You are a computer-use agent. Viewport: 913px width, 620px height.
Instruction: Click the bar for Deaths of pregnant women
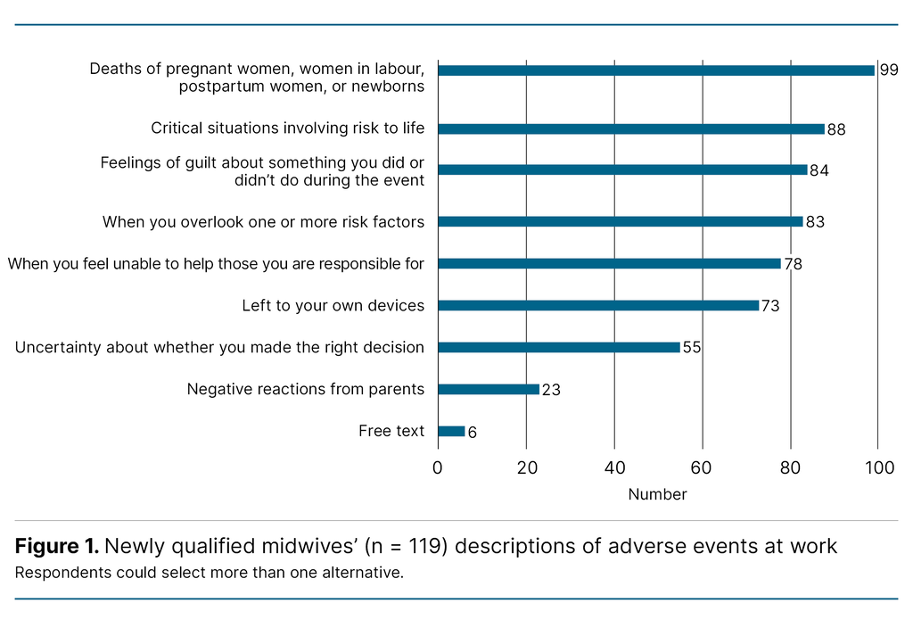(655, 70)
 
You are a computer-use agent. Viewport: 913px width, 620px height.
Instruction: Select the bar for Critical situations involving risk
(631, 128)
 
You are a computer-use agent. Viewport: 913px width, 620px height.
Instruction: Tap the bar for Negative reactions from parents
(488, 389)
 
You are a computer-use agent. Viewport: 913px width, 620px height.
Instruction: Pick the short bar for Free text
(451, 431)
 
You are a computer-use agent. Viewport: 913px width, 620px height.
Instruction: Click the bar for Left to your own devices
(597, 305)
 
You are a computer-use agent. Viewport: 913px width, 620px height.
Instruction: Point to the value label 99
(888, 70)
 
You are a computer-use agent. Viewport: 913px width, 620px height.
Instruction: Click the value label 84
(818, 170)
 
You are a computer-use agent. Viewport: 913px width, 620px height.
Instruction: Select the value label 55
(692, 347)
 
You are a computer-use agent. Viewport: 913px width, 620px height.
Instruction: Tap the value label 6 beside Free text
(472, 432)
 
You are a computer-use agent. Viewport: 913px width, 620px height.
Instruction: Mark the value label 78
(793, 264)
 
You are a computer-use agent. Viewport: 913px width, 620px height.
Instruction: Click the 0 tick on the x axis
(438, 468)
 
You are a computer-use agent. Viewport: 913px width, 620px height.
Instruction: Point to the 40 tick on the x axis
(613, 468)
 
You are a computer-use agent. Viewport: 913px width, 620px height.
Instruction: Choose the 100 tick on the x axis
(878, 468)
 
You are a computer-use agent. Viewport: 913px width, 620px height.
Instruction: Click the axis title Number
(657, 494)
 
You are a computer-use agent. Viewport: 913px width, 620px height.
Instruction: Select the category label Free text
(391, 431)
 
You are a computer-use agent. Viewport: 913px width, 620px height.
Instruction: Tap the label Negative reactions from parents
(305, 389)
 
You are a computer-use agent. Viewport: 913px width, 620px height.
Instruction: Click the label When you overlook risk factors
(263, 221)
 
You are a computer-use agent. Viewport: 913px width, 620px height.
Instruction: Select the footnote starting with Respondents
(209, 572)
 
